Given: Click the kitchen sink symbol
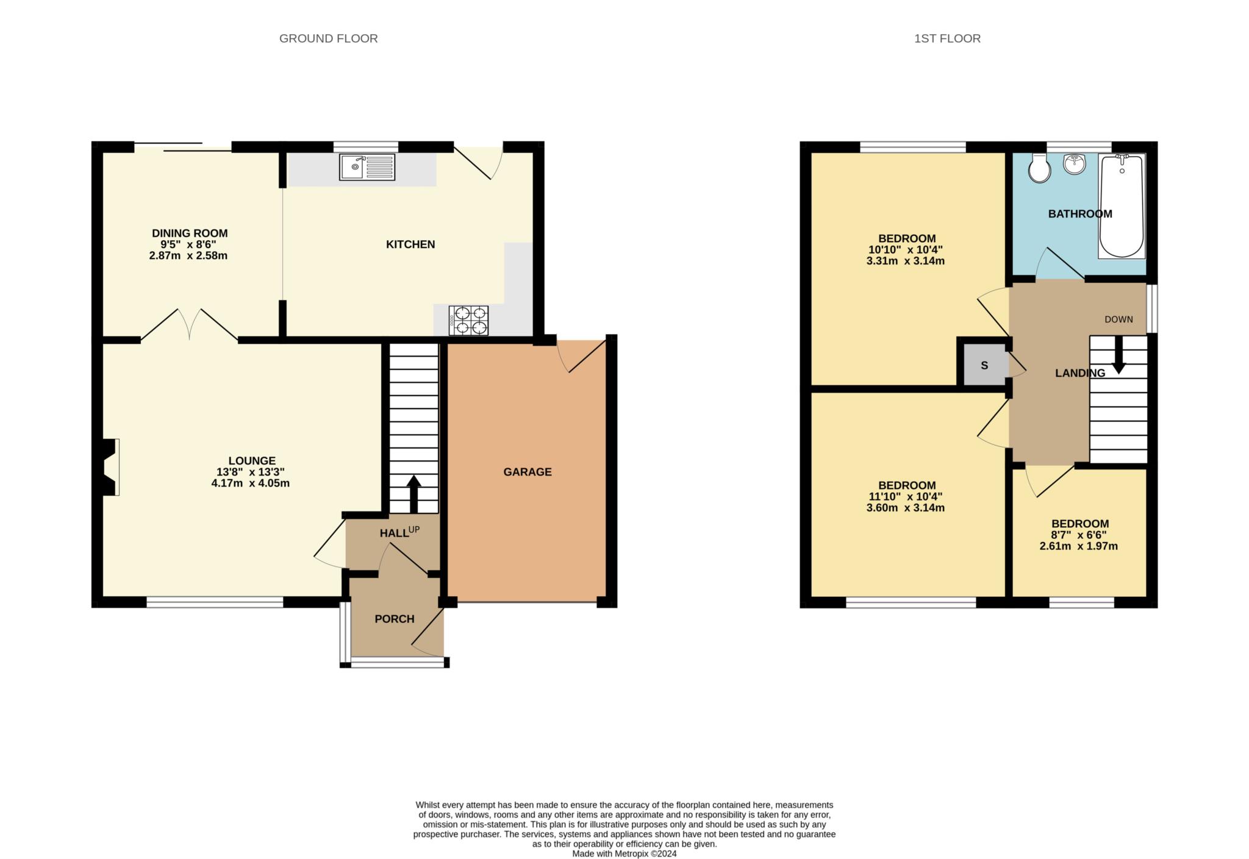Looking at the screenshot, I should point(367,167).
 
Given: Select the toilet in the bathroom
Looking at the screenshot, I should point(1039,168).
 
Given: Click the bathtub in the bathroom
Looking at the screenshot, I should point(1122,206).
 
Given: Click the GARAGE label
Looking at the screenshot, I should point(528,472).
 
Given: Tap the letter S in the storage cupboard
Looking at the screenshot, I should point(984,366).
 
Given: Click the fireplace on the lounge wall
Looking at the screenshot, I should point(110,467).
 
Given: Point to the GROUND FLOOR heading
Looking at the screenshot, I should point(328,38).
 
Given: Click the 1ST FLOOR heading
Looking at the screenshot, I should point(947,38).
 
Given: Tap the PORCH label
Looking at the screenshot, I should point(394,619).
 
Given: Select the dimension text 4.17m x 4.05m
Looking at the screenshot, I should point(250,483).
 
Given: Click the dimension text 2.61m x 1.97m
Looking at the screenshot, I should point(1078,546).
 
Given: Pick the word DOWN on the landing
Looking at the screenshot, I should point(1118,319).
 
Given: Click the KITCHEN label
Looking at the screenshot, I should point(410,244).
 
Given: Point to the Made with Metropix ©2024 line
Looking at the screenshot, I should point(624,854).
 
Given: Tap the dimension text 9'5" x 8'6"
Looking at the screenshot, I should point(188,244).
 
